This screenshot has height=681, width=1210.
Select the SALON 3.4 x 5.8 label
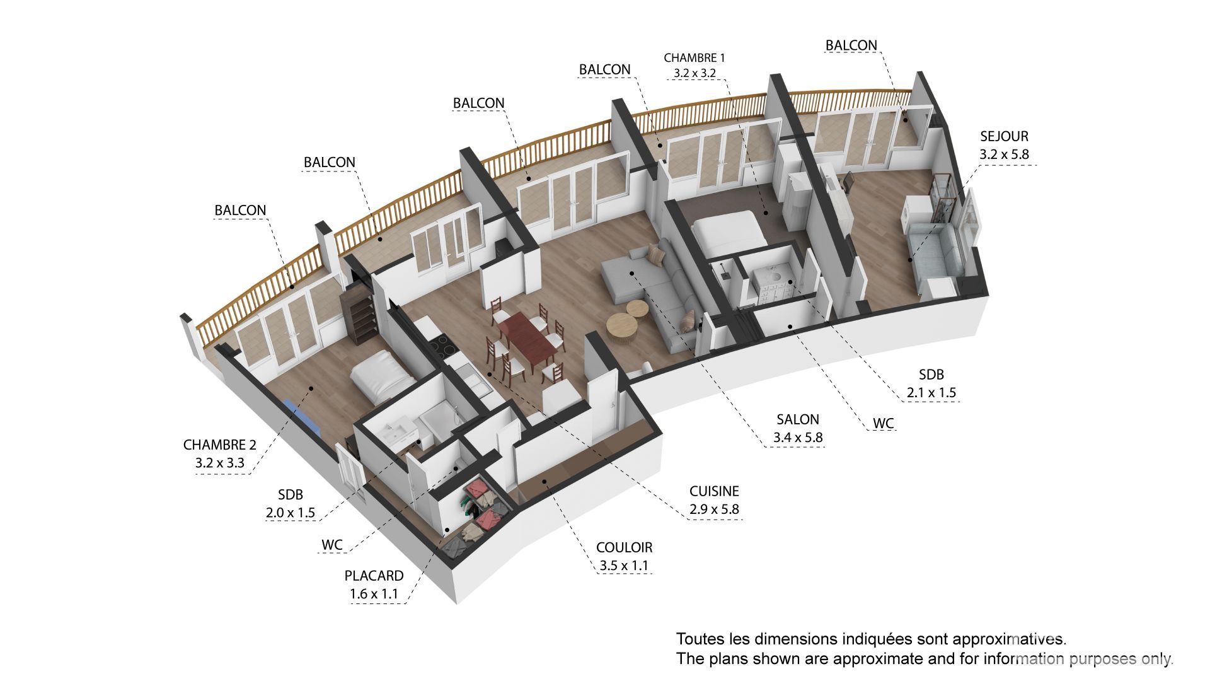coord(798,428)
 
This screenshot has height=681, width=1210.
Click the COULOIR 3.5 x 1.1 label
coord(624,556)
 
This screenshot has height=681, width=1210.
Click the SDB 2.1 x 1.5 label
coord(931,383)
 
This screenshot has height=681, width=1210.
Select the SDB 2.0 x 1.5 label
coord(290,504)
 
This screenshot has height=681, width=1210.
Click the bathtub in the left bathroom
coord(439,419)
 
